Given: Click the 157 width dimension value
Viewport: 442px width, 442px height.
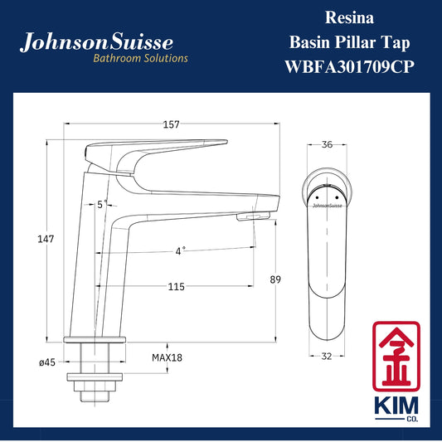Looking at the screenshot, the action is (171, 124).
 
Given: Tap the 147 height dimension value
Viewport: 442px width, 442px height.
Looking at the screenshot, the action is (46, 239).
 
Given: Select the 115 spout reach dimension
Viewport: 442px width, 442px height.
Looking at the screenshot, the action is (176, 287).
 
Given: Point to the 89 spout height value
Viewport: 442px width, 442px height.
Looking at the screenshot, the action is (275, 279).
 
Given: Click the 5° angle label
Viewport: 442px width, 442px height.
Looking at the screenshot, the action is (102, 204).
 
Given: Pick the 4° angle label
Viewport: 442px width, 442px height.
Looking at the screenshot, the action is (181, 250).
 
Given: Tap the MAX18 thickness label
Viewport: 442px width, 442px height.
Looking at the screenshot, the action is (167, 357).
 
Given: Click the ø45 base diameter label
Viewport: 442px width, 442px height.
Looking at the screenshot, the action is (47, 362).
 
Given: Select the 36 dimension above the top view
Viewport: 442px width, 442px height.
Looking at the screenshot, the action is (327, 144).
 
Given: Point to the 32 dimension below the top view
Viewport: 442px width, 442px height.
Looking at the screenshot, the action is (327, 357).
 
